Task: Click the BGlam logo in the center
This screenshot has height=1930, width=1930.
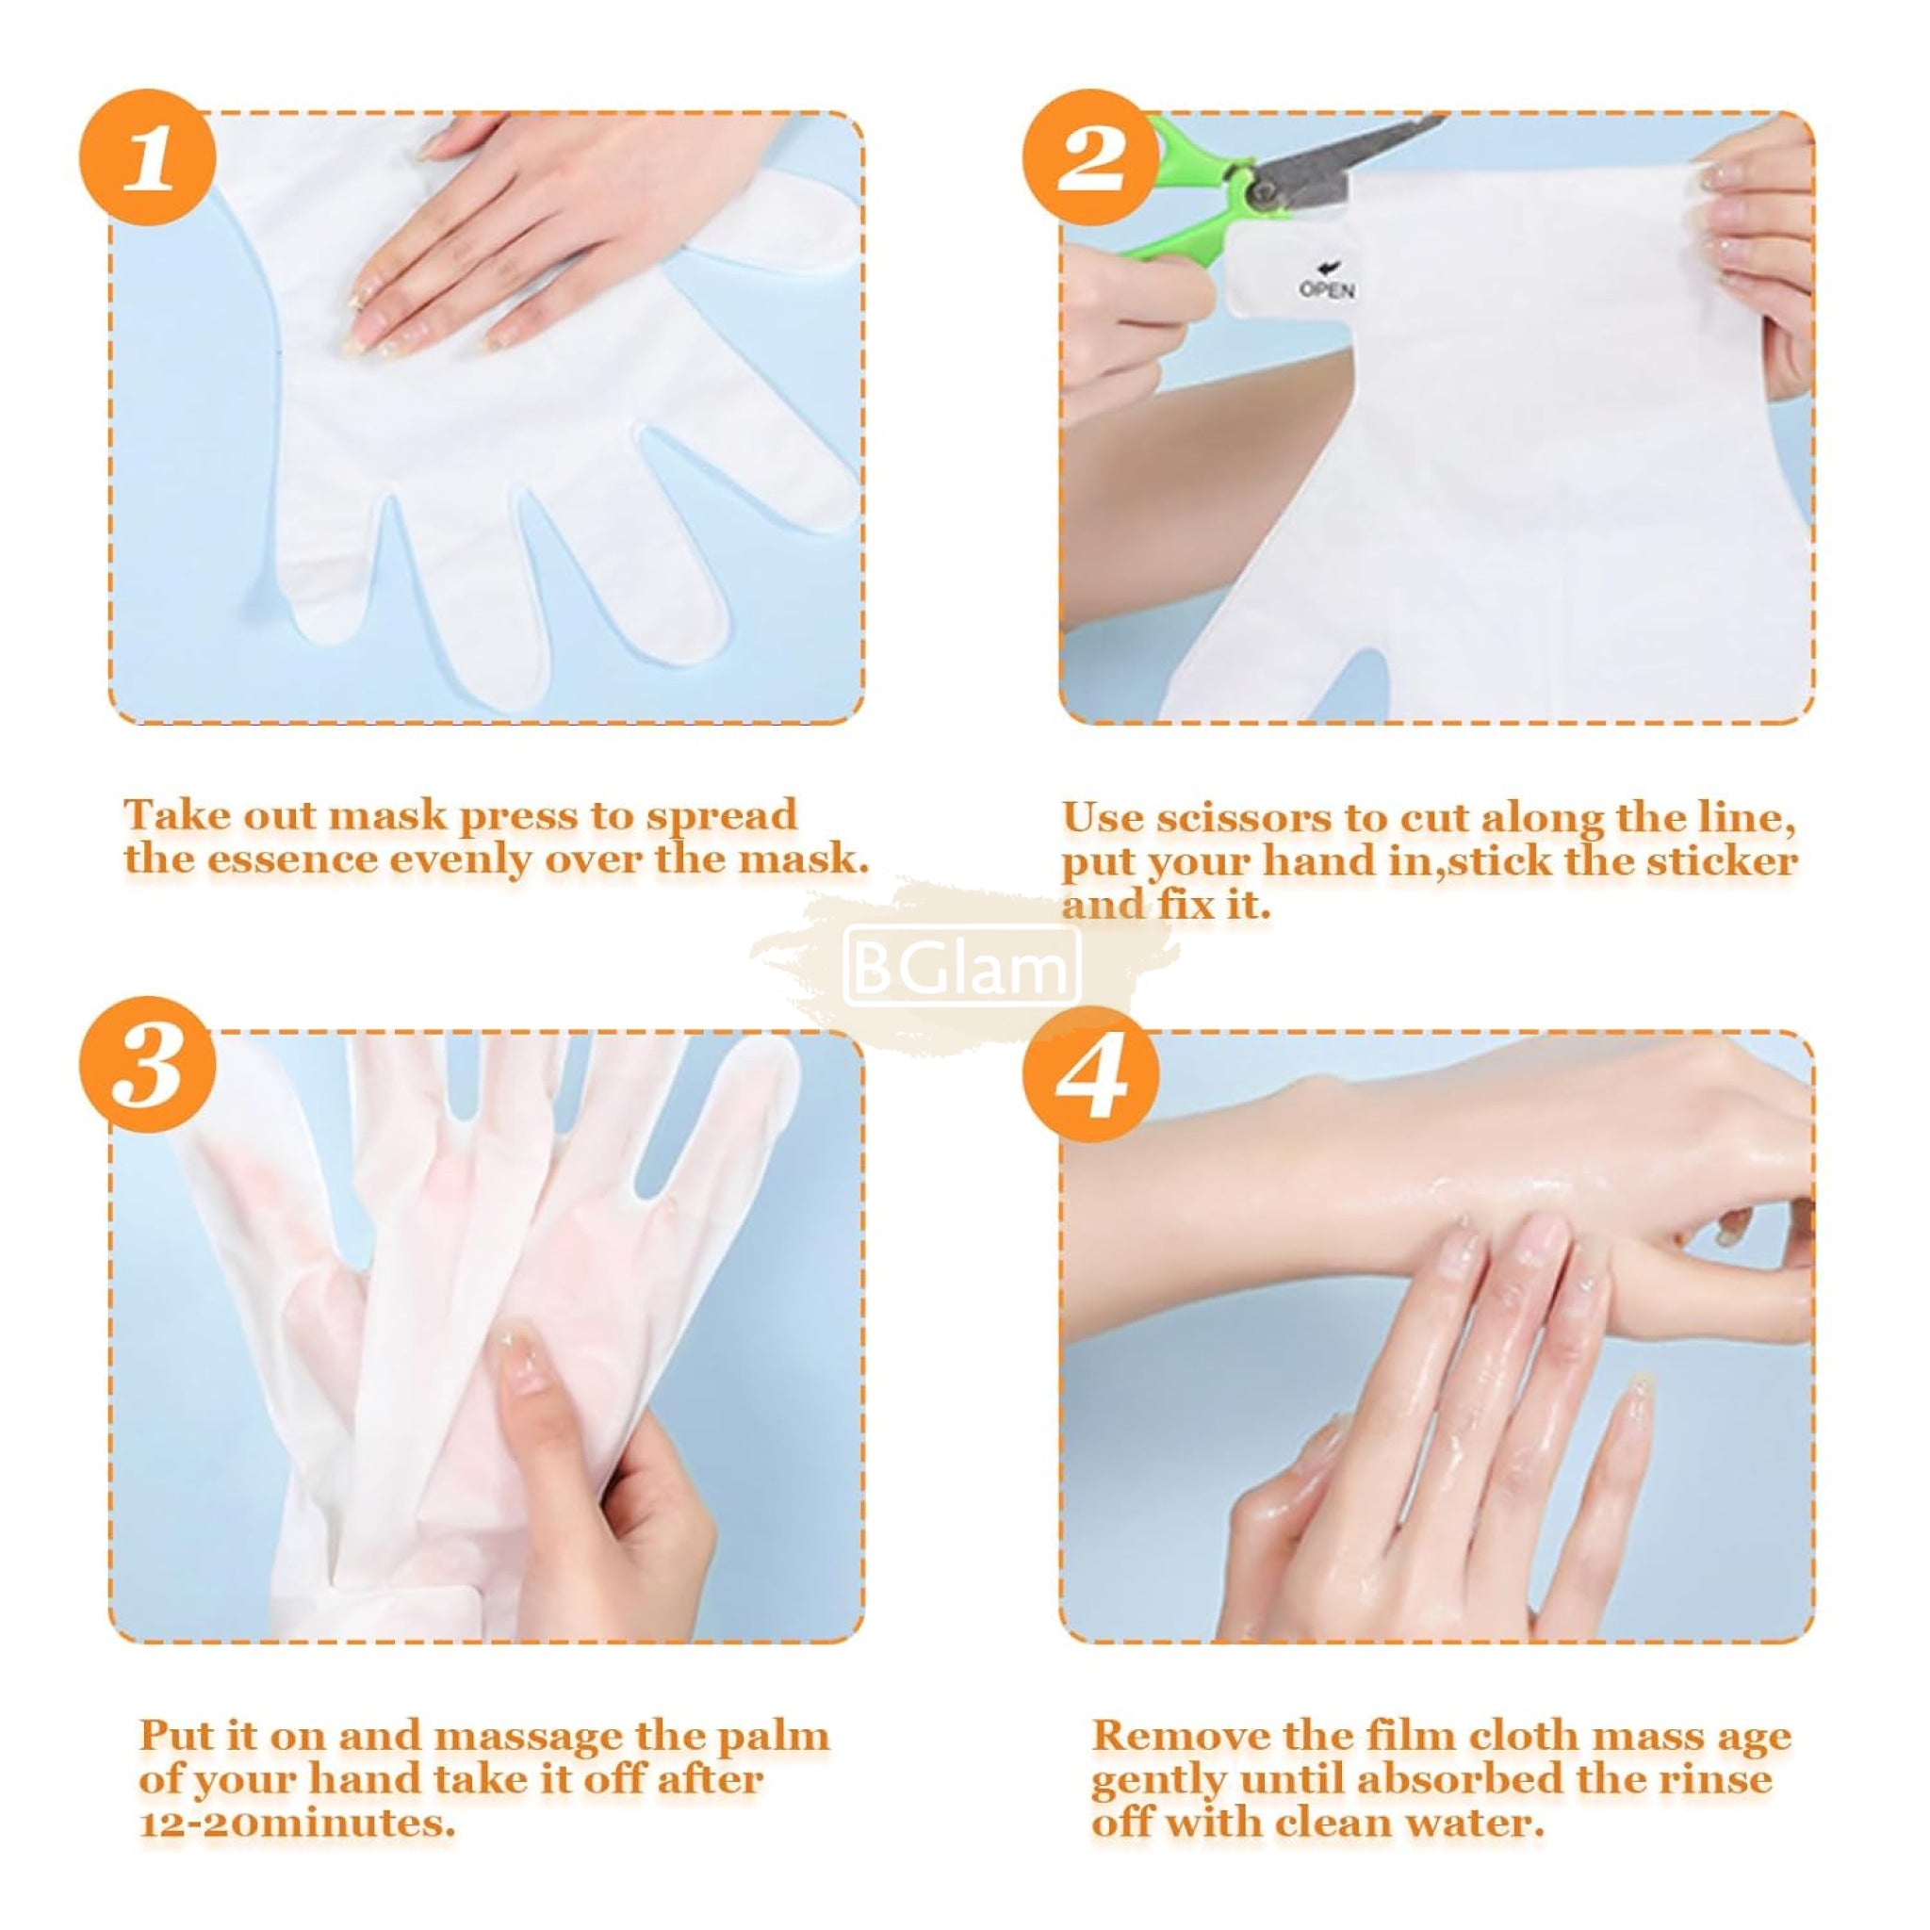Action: click(x=962, y=965)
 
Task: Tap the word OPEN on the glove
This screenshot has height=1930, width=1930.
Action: click(x=1327, y=289)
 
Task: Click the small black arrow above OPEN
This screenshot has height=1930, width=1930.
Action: click(x=1329, y=267)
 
